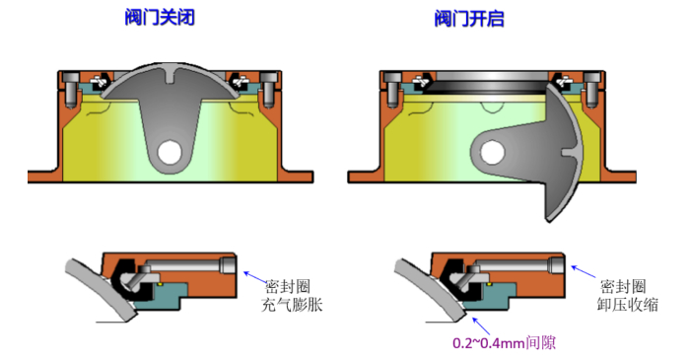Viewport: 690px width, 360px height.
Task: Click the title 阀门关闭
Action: pos(160,18)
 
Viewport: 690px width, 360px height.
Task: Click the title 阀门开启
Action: pos(469,19)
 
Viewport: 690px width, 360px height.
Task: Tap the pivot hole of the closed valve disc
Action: pos(170,152)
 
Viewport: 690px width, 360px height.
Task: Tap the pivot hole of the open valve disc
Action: pos(492,152)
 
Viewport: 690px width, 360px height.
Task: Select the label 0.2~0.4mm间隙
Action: pos(504,342)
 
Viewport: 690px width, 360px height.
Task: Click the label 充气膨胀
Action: pos(292,305)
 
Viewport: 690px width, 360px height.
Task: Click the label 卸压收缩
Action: pos(628,305)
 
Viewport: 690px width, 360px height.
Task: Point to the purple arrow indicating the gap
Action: pos(481,325)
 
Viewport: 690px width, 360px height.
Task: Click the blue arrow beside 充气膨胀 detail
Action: pos(255,277)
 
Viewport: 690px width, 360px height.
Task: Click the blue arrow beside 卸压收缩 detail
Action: pos(584,271)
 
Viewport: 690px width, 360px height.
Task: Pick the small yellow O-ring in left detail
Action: pos(161,285)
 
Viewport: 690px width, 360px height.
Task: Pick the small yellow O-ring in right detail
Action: pos(489,285)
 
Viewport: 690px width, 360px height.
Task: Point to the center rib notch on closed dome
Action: pos(171,76)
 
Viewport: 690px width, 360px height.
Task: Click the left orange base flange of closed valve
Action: pos(45,176)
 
